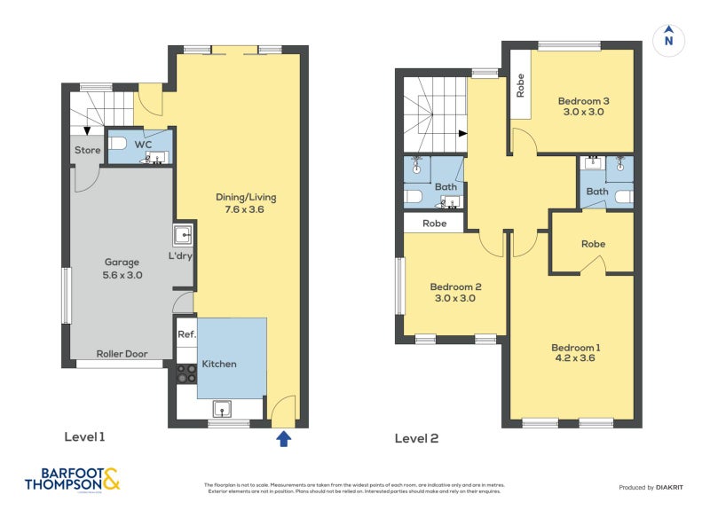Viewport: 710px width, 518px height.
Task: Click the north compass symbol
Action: click(668, 39)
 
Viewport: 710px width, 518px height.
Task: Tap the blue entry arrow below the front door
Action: click(283, 437)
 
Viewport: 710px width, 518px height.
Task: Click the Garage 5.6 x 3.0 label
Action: click(123, 269)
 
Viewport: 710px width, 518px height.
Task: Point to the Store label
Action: click(87, 150)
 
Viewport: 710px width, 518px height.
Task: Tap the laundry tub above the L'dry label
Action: click(183, 235)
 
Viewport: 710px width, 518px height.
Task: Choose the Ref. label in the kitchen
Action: click(186, 334)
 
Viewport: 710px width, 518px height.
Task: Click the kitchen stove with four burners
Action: click(186, 373)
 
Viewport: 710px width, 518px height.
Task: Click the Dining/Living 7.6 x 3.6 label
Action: click(241, 203)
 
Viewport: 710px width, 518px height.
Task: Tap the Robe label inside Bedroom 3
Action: click(520, 85)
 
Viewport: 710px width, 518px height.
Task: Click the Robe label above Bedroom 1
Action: click(593, 244)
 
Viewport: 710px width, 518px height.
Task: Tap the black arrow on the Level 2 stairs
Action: click(461, 134)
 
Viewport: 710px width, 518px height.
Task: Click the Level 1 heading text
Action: click(84, 437)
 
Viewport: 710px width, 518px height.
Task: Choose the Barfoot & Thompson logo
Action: click(72, 480)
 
